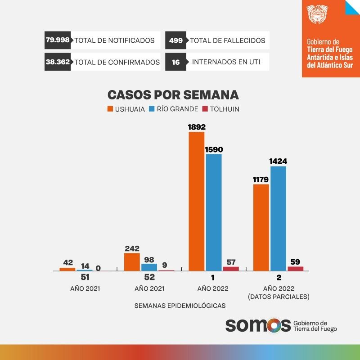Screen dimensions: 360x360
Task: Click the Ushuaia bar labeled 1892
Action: coord(197,201)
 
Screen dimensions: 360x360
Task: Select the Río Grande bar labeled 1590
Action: coord(214,212)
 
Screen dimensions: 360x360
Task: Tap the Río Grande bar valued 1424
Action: coord(278,219)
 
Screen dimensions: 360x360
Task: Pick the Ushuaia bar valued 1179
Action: coord(261,228)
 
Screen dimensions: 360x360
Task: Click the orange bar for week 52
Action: coord(132,262)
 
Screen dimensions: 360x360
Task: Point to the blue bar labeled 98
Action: coord(149,267)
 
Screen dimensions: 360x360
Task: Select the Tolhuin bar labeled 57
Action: coord(231,269)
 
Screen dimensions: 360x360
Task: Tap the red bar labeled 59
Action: coord(296,269)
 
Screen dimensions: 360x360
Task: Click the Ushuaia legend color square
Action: coord(110,109)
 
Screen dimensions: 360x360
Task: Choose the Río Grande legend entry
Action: coord(173,109)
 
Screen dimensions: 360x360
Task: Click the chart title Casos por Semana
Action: coord(173,95)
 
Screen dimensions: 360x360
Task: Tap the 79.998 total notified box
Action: coord(58,40)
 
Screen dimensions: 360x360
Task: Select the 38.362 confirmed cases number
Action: coord(58,62)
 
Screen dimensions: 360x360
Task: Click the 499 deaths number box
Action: coord(175,40)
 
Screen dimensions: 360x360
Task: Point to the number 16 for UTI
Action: coord(175,62)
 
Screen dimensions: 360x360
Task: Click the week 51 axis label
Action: coord(85,278)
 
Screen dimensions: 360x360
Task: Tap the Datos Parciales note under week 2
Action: coord(279,297)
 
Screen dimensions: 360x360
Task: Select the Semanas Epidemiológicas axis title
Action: coord(180,306)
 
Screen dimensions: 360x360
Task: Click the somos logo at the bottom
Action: coord(258,325)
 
